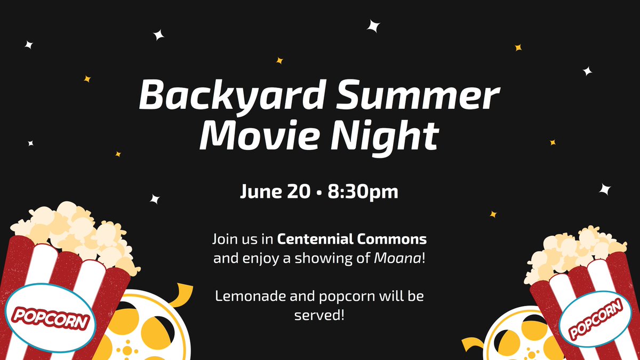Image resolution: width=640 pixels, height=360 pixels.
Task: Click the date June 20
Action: click(x=275, y=191)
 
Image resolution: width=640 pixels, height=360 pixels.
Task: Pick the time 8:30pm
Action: click(x=363, y=191)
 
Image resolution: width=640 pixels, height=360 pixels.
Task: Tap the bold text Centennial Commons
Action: click(x=352, y=238)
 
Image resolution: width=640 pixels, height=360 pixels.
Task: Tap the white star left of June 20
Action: click(x=155, y=199)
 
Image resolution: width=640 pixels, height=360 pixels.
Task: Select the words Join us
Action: click(x=236, y=238)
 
